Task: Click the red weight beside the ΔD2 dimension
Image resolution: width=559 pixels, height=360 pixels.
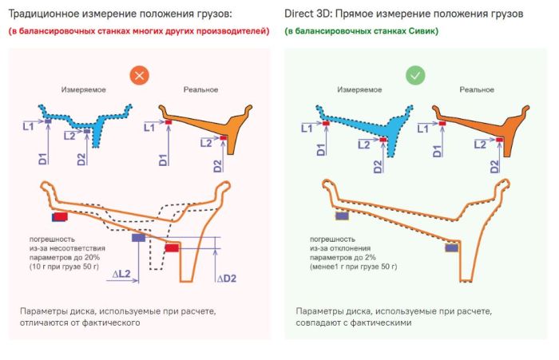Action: [172, 247]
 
